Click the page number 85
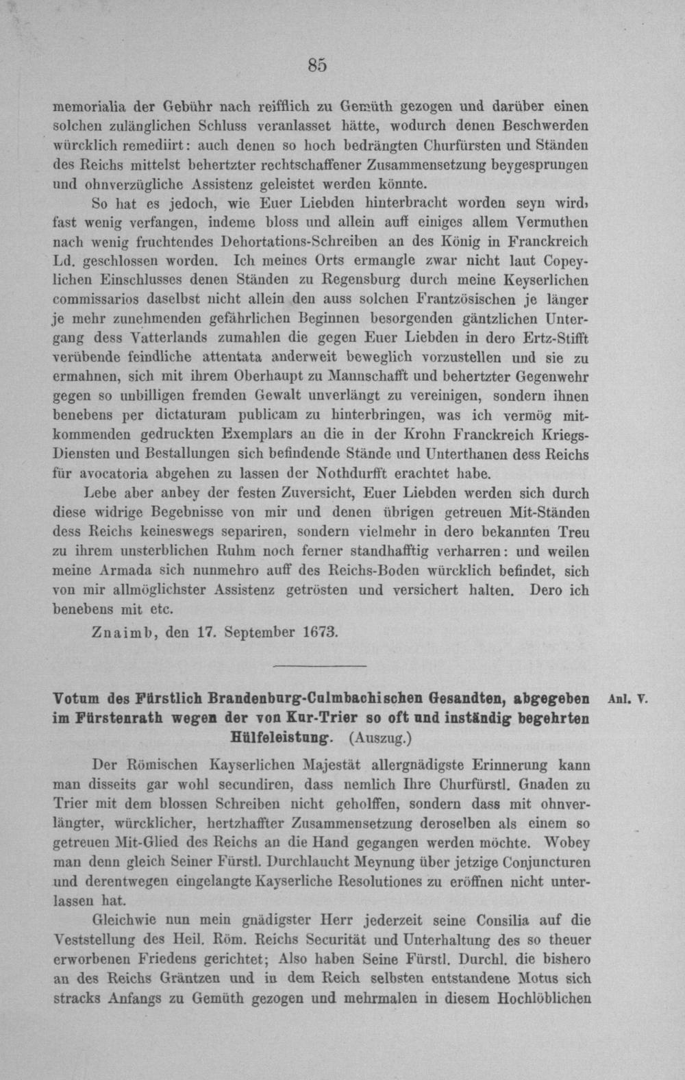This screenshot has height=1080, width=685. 317,65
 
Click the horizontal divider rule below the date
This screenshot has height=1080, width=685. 320,666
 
